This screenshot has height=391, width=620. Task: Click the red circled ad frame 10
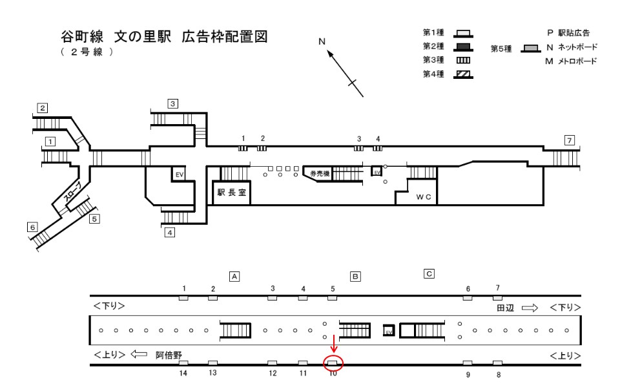pos(333,363)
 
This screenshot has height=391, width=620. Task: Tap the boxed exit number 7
pos(570,140)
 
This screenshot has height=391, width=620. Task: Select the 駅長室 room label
pos(232,193)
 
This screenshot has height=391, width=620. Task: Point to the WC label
pos(424,196)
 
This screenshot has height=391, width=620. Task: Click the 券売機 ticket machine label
pos(320,173)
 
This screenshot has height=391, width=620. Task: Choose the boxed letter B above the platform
pos(355,276)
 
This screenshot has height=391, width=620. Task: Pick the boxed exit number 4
pos(170,233)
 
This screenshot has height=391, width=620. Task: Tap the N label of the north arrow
pos(322,41)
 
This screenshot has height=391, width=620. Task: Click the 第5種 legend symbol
pos(531,48)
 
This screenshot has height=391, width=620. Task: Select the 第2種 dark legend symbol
pos(464,47)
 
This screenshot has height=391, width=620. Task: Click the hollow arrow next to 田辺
pos(530,308)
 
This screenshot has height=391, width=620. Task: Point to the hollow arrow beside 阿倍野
pos(139,354)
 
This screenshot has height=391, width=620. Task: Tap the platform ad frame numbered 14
pos(183,363)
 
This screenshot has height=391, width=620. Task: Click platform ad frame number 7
pos(497,297)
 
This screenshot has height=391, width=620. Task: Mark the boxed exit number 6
pos(32,227)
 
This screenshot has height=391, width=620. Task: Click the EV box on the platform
pos(389,331)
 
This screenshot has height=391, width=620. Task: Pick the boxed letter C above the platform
pos(429,273)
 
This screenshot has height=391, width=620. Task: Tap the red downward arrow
pos(334,344)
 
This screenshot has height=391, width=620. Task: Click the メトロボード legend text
pos(577,61)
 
